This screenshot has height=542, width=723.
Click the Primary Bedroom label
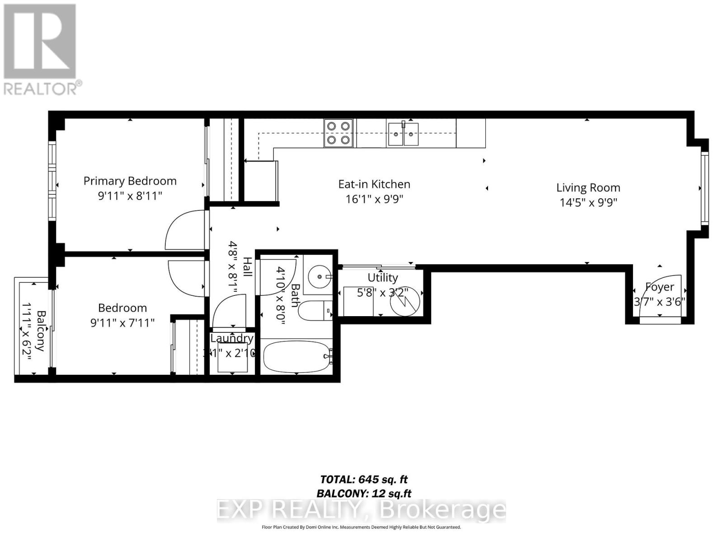tap(130, 181)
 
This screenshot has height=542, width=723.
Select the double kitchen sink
tap(403, 134)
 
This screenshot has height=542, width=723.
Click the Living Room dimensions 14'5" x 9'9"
tap(588, 202)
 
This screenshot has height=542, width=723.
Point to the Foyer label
tap(660, 287)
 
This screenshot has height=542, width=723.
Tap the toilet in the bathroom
tap(315, 310)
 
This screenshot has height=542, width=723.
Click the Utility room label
tap(383, 277)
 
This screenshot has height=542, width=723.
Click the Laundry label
tap(232, 338)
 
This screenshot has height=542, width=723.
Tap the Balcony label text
tap(41, 331)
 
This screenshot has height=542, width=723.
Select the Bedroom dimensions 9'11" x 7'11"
tap(122, 322)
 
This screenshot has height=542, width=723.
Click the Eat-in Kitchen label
tap(374, 184)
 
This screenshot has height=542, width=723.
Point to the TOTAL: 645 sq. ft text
tap(364, 479)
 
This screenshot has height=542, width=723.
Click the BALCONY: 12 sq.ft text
tap(364, 493)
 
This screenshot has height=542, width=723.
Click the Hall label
tap(248, 266)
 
